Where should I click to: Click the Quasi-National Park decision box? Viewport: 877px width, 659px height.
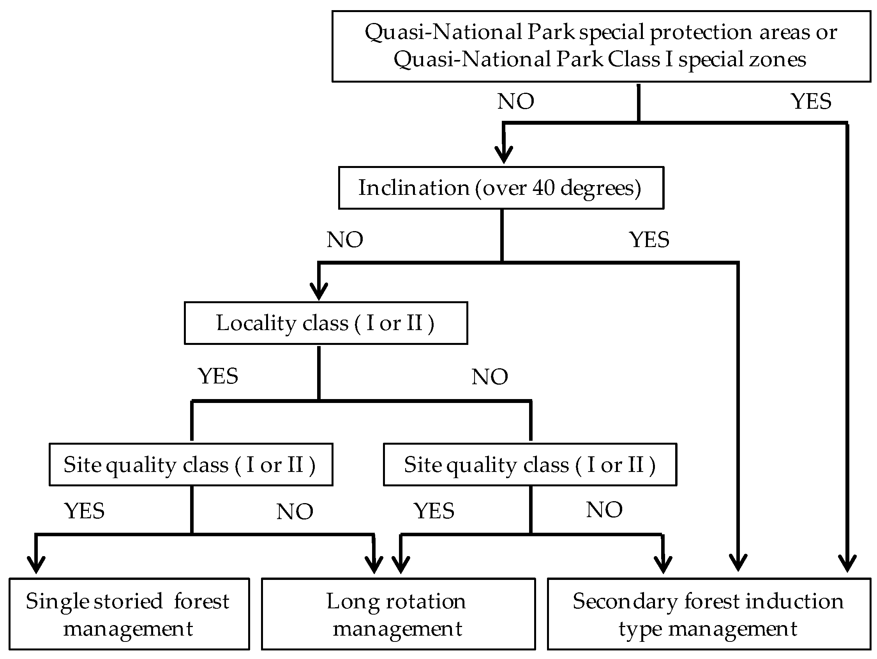click(601, 46)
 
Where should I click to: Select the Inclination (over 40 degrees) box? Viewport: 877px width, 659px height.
click(501, 187)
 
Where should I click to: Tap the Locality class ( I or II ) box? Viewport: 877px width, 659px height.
click(325, 323)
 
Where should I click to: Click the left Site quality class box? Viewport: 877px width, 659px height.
click(191, 464)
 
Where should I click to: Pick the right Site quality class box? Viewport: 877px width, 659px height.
click(530, 464)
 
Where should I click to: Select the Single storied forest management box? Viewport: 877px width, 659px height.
click(129, 614)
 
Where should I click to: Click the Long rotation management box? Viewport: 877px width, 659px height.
click(398, 614)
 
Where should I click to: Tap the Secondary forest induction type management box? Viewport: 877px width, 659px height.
click(709, 614)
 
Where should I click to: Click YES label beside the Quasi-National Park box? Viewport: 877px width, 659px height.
click(811, 101)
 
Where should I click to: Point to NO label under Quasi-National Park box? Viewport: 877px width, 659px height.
click(515, 101)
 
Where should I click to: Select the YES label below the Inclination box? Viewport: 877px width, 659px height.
click(649, 240)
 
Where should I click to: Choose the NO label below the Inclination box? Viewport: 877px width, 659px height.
click(345, 240)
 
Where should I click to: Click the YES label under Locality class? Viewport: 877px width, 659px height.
click(218, 376)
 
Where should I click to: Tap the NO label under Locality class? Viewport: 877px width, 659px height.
click(490, 376)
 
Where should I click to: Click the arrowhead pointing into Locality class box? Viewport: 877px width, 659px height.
click(319, 292)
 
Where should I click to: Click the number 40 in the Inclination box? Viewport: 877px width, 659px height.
click(543, 187)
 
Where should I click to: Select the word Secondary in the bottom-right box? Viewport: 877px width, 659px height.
click(625, 601)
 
